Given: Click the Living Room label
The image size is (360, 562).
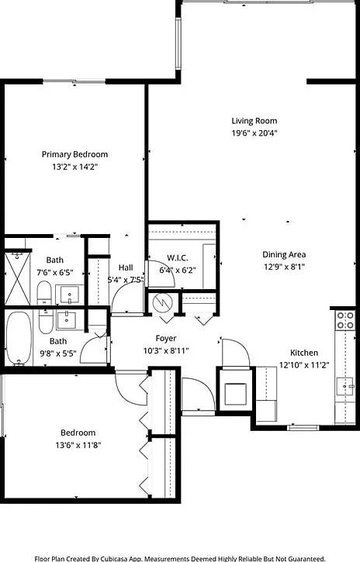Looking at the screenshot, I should [x=254, y=121].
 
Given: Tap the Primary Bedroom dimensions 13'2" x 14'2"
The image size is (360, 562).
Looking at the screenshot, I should [x=74, y=167].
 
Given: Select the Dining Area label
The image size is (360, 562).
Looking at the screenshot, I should [x=283, y=254].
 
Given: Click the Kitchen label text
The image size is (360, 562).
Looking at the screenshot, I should [x=304, y=353].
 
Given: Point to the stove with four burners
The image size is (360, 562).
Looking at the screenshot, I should [x=345, y=320].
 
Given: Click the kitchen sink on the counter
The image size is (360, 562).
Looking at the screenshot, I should [x=344, y=385].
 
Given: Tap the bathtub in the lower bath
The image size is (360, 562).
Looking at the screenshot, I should [x=19, y=338].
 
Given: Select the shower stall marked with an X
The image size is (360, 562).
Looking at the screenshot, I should [x=16, y=278].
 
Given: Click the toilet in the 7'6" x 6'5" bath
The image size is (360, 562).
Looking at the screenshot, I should [x=44, y=294].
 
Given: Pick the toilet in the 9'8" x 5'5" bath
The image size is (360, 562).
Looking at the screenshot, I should [x=46, y=320].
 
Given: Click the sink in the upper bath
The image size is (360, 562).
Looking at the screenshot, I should [x=69, y=295].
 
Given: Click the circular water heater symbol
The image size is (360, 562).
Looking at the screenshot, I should [x=164, y=302].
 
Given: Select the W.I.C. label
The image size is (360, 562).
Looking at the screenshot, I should [x=178, y=258].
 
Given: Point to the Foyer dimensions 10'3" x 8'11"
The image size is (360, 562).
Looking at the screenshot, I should [x=166, y=350].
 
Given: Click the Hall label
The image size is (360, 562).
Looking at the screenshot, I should [x=125, y=267].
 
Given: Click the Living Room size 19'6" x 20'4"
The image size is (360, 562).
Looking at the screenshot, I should [x=254, y=133].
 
